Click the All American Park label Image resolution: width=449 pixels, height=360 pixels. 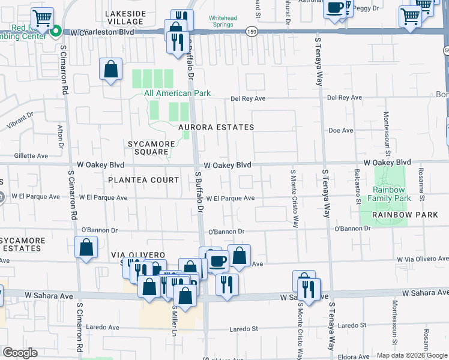pos(176,93)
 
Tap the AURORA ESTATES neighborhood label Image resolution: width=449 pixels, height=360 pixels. pos(216,127)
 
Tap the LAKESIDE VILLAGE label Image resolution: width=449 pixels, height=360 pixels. pos(124,17)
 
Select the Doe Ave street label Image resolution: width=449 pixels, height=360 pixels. pos(340,130)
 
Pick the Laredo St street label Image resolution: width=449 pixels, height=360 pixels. pos(244,329)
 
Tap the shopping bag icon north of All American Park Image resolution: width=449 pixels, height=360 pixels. pos(111,70)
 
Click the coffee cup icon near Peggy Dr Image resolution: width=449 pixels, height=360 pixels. pos(335,8)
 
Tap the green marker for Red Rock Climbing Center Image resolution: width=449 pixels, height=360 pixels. pos(55,31)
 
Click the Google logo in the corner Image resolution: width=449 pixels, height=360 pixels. pos(19,353)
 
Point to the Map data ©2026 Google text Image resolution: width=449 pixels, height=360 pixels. pos(411,355)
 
